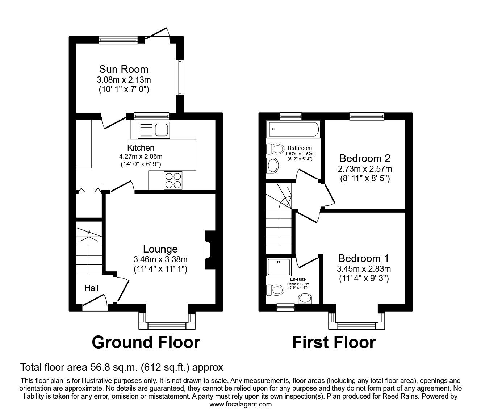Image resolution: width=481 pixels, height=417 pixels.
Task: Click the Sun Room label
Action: (124, 69)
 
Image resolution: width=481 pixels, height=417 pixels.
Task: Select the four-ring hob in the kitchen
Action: (173, 180)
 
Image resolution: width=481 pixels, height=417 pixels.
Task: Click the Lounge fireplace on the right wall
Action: (209, 250)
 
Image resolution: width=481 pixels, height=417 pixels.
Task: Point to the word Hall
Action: (92, 288)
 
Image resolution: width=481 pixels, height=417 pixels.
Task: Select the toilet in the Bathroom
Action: (276, 149)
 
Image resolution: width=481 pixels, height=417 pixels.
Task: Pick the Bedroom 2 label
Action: (365, 158)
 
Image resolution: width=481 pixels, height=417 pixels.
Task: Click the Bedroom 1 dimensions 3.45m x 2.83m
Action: (364, 269)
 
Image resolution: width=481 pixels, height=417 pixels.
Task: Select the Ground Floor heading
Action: (146, 342)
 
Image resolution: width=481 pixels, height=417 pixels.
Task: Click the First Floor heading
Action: (334, 342)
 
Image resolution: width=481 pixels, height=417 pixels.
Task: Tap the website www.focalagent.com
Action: (240, 404)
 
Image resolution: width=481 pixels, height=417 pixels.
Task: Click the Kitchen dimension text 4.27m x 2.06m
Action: (141, 157)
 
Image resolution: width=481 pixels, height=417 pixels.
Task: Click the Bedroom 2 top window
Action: (367, 116)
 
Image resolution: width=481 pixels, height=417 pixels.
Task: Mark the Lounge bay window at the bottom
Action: (167, 325)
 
